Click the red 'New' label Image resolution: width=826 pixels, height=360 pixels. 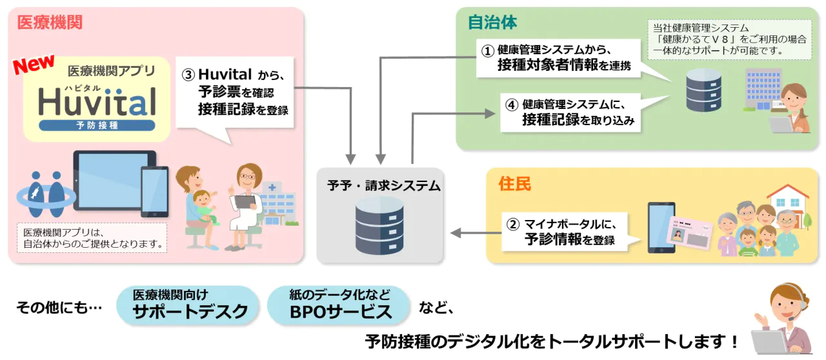click(35, 66)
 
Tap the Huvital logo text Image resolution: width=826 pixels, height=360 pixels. click(97, 101)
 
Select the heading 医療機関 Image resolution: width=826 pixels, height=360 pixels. click(50, 23)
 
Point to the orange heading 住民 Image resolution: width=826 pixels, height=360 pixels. click(514, 184)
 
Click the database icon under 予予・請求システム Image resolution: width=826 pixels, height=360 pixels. click(379, 225)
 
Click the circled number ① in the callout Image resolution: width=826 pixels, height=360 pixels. click(489, 49)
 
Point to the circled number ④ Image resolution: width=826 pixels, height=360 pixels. click(511, 103)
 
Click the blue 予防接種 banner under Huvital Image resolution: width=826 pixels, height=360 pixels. click(97, 125)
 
